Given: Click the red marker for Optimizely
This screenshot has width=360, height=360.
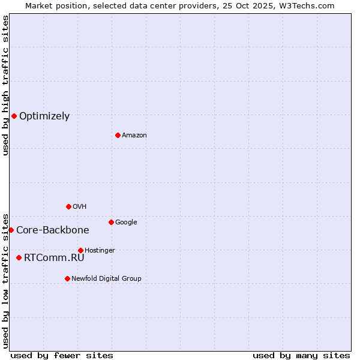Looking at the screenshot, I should tap(14, 116).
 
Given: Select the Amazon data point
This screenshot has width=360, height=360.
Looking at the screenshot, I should tap(118, 135).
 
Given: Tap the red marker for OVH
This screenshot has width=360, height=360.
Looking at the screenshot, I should tap(68, 206).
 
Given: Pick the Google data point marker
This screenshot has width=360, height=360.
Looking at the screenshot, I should tap(111, 222).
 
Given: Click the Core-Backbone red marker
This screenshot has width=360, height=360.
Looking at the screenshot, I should tap(11, 230).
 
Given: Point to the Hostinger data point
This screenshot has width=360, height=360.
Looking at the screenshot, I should tap(80, 250).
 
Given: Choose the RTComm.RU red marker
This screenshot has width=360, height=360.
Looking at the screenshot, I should tap(19, 257).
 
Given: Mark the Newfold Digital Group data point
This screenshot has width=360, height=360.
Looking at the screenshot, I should tap(67, 278).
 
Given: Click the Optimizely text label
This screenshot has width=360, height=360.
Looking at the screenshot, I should tap(44, 116).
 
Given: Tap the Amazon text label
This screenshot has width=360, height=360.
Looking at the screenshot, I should tap(134, 136).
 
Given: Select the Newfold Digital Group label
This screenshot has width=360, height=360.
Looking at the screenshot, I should tap(106, 278).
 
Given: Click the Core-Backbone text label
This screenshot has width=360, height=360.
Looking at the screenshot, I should tap(53, 230).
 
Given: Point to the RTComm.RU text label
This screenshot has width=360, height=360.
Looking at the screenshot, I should tap(54, 258).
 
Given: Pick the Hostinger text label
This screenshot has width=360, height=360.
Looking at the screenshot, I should tap(100, 251).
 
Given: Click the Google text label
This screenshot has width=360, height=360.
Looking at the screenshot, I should tap(126, 223).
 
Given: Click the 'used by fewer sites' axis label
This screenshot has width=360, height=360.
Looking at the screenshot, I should tap(62, 355).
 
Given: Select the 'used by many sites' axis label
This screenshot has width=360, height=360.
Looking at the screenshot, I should tap(301, 355).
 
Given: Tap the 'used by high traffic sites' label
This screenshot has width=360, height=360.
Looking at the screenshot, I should tap(5, 85).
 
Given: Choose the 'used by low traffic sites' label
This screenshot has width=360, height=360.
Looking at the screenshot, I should tap(5, 281).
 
